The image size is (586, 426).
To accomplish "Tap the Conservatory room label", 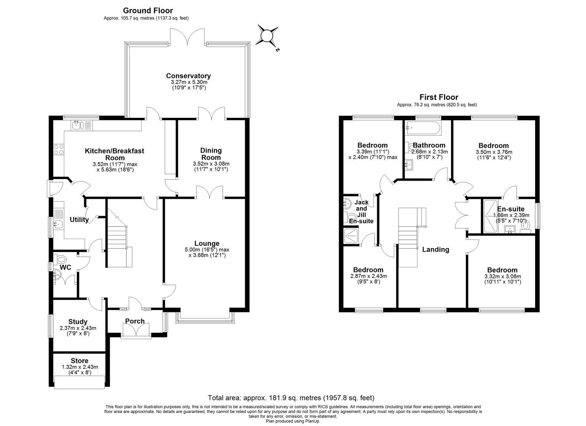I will pyautogui.click(x=188, y=76).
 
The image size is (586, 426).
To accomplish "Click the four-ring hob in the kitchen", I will pyautogui.click(x=59, y=149).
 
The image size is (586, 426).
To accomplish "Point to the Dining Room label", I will pyautogui.click(x=211, y=154).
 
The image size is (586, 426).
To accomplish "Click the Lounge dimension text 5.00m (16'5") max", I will pyautogui.click(x=207, y=250).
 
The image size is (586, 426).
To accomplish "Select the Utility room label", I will pyautogui.click(x=79, y=220).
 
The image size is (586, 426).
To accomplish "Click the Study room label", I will pyautogui.click(x=78, y=322).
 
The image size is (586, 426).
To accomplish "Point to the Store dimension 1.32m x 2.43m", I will pyautogui.click(x=80, y=367).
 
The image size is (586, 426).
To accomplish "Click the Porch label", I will pyautogui.click(x=135, y=321).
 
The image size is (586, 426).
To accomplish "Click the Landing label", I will pyautogui.click(x=435, y=249).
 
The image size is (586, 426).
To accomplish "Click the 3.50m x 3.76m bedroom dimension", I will pyautogui.click(x=493, y=152).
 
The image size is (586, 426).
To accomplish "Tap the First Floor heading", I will pyautogui.click(x=438, y=97).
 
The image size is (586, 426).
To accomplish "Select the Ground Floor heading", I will pyautogui.click(x=148, y=11).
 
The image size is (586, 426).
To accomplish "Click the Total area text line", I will pyautogui.click(x=291, y=398).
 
